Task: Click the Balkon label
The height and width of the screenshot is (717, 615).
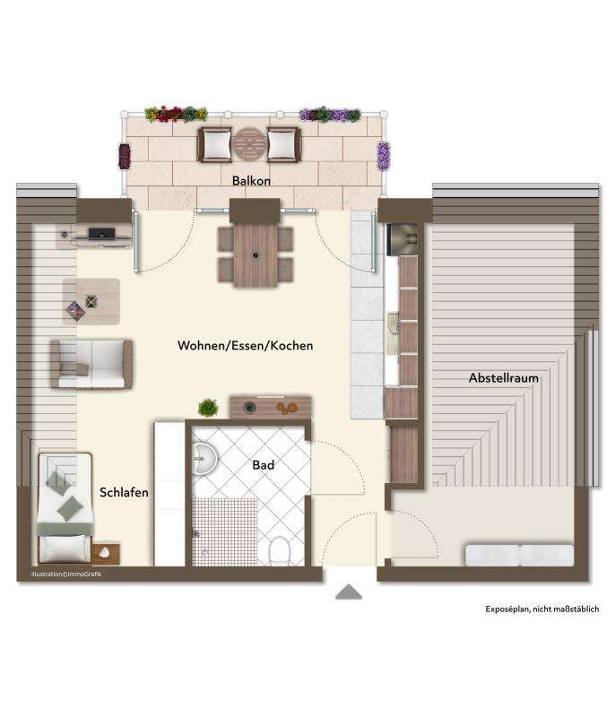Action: [x=251, y=180]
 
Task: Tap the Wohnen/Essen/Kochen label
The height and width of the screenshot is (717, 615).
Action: [x=245, y=345]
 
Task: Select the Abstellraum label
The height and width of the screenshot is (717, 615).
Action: [x=503, y=378]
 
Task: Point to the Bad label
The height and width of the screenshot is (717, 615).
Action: [x=263, y=465]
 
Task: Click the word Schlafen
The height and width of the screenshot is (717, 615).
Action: [x=124, y=492]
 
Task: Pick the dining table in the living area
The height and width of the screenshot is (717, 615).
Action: [x=256, y=254]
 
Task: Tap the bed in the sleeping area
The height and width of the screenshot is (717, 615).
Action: [x=65, y=506]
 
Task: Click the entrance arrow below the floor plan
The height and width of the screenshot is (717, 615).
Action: [x=348, y=593]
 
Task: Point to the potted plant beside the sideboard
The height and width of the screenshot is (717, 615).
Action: [x=208, y=408]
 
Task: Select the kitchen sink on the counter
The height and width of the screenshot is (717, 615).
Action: [x=393, y=324]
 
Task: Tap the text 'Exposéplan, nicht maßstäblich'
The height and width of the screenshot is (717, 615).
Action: [x=541, y=609]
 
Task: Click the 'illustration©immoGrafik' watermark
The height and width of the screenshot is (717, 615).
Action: [x=66, y=574]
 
